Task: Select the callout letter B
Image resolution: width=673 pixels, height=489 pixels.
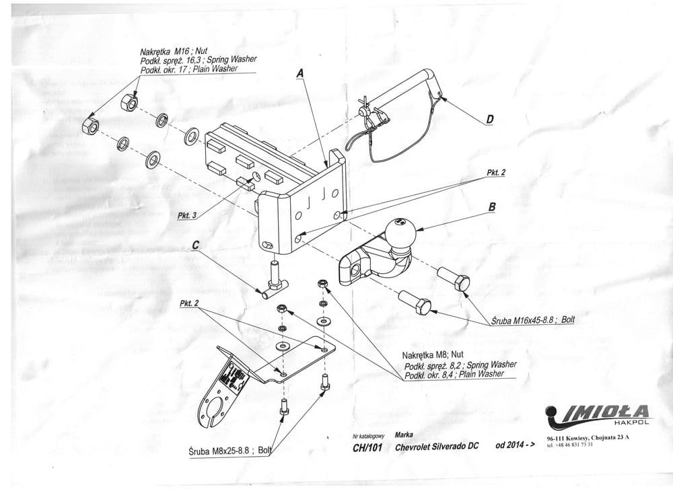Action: coord(491,208)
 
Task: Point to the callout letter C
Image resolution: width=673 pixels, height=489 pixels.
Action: coord(195,246)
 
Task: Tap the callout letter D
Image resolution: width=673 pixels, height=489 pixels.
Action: coord(490,120)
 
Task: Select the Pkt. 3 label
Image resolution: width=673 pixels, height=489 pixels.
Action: coord(187,216)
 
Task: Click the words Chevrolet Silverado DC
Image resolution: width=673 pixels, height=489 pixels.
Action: coord(437,447)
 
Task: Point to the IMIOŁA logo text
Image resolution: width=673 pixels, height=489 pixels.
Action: coord(606,411)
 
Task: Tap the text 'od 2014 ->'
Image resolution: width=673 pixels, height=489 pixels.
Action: coord(514,446)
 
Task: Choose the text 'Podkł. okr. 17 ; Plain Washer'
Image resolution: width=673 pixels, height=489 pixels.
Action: coord(189,69)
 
